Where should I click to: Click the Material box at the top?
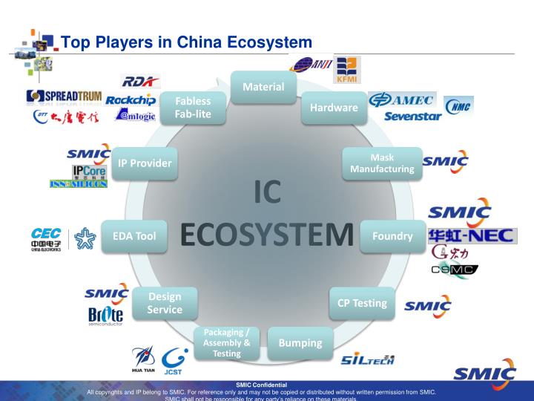(x=263, y=87)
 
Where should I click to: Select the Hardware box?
(x=333, y=108)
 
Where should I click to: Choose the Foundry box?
(x=392, y=236)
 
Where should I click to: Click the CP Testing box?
(x=362, y=303)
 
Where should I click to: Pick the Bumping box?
(x=300, y=342)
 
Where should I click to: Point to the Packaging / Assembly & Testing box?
(x=226, y=342)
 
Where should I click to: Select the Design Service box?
(x=165, y=303)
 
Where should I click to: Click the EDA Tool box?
(x=134, y=236)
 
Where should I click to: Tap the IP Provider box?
(x=145, y=163)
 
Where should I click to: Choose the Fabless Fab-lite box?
(x=194, y=108)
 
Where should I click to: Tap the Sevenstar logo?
(x=413, y=117)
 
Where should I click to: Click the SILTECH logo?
(x=368, y=360)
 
